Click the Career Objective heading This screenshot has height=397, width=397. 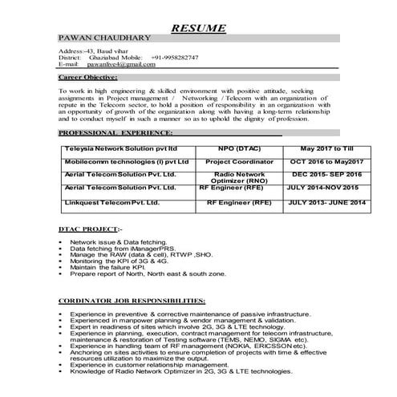click(x=89, y=79)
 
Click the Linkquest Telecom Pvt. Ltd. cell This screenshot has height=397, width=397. click(x=112, y=204)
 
